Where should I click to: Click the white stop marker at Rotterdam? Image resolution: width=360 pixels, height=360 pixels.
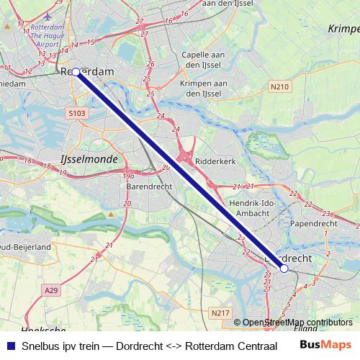[76, 72]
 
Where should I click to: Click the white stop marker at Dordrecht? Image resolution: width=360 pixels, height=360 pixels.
[284, 269]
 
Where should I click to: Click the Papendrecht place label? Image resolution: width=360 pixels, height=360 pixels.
[313, 224]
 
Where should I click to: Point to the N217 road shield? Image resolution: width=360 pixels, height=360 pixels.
[220, 312]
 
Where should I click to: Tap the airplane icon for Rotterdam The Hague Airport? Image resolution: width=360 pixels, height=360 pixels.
[48, 16]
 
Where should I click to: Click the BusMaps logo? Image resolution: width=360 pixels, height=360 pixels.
[325, 345]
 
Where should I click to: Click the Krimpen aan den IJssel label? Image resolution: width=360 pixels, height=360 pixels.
[202, 88]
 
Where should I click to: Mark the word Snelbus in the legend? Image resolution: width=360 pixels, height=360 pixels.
[42, 346]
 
